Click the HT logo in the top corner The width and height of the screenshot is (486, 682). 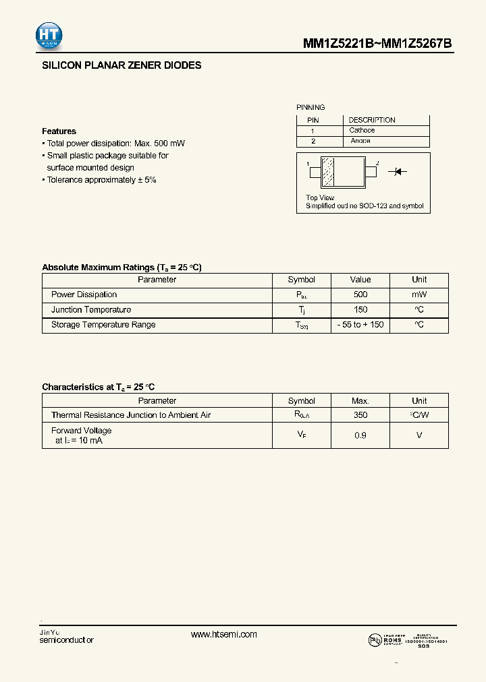tap(50, 36)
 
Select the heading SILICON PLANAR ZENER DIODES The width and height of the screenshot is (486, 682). tap(122, 66)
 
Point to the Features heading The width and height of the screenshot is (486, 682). tap(59, 131)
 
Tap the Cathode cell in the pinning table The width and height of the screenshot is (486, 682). tap(362, 131)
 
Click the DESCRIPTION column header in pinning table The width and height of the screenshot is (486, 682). tap(371, 120)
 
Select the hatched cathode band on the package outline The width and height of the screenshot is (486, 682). tap(328, 173)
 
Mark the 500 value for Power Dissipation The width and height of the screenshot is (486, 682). tap(360, 294)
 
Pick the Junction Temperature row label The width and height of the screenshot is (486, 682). tap(91, 310)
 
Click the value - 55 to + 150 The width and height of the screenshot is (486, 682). tap(360, 325)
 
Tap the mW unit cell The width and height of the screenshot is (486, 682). tap(419, 294)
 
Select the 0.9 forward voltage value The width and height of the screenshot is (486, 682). tap(360, 435)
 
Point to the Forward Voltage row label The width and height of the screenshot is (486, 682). tap(82, 431)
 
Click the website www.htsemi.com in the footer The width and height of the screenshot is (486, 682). tap(224, 635)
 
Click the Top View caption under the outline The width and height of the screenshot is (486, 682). tap(320, 198)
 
